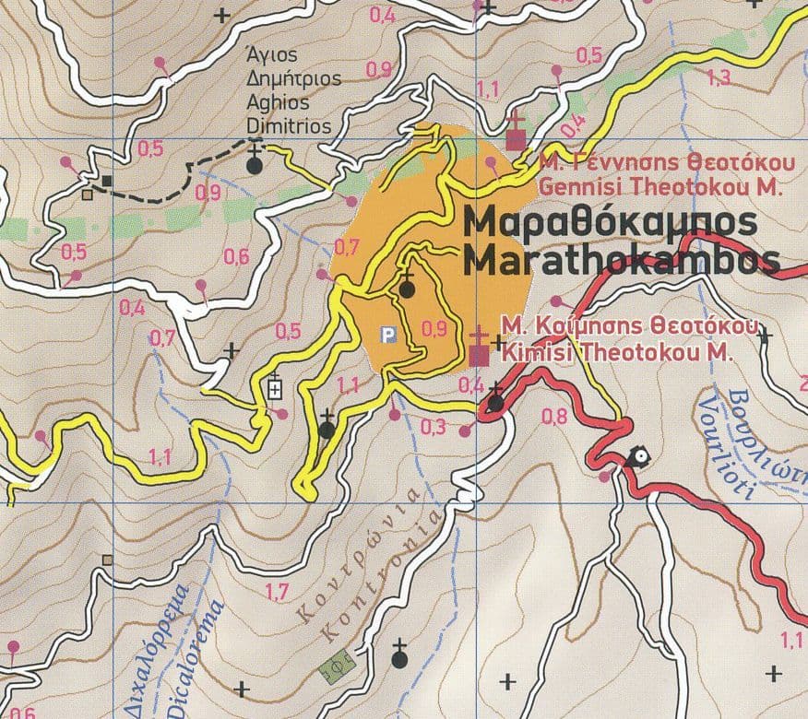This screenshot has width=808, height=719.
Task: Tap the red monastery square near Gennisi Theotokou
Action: (x=517, y=140)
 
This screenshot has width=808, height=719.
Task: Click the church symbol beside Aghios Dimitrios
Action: (x=255, y=165)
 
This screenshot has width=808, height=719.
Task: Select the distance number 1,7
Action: (x=276, y=591)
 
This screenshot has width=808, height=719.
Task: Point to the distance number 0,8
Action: (x=555, y=416)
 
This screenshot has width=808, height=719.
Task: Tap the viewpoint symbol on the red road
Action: (x=637, y=456)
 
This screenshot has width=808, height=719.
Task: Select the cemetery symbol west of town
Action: (x=275, y=388)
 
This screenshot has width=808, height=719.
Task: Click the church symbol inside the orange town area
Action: (x=406, y=289)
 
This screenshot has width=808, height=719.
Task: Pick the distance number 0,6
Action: (x=236, y=257)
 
